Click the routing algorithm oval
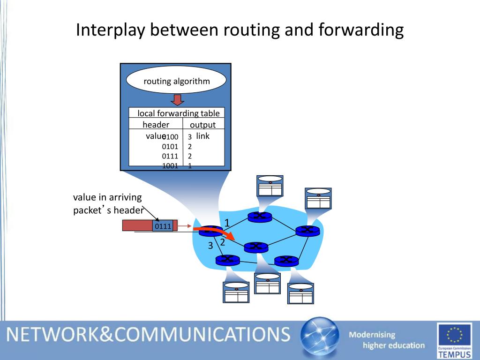point(176,81)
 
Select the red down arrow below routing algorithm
point(177,100)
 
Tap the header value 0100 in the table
point(171,137)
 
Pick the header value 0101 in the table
point(170,147)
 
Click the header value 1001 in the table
point(170,165)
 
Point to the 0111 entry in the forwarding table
point(170,156)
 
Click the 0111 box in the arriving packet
point(163,226)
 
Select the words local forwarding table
point(178,113)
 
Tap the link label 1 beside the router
point(227,223)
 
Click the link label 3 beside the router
point(210,246)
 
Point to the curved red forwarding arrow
point(220,232)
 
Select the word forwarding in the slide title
point(361,30)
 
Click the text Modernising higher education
point(386,340)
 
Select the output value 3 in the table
point(190,137)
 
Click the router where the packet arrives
point(210,231)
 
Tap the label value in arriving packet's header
point(108,203)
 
